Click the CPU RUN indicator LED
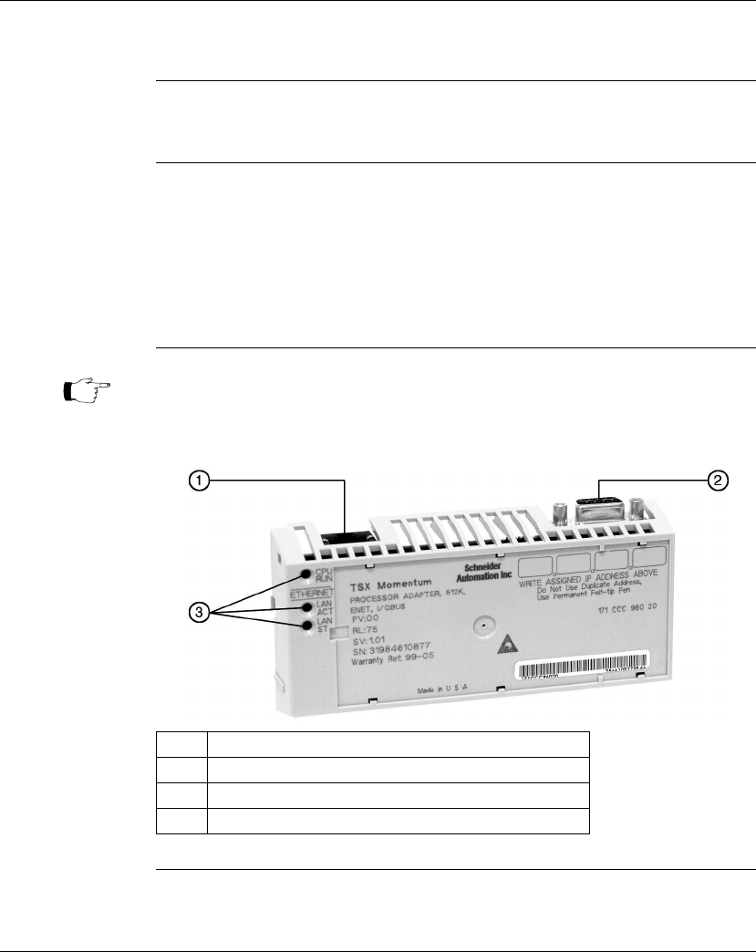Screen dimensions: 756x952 coord(308,574)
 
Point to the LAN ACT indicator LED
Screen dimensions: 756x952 coord(308,606)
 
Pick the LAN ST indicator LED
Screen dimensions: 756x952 coord(308,625)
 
